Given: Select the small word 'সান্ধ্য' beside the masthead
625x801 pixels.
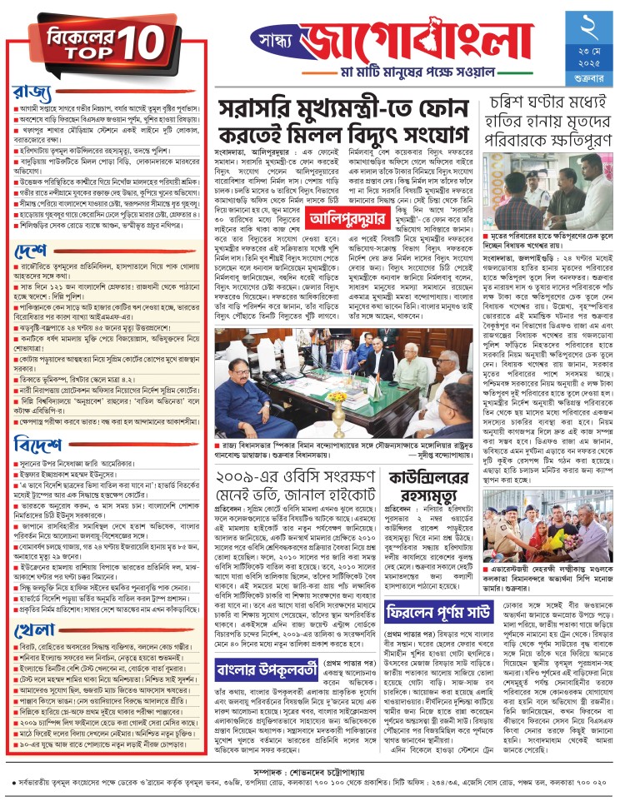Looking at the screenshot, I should pos(276,40).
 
